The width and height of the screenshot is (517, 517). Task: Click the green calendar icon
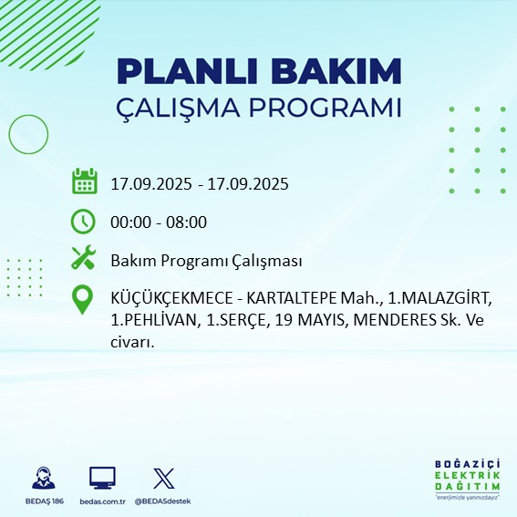pyautogui.click(x=84, y=181)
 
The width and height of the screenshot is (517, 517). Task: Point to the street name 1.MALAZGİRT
pyautogui.click(x=440, y=299)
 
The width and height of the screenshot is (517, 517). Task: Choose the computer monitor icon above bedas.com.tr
pyautogui.click(x=102, y=478)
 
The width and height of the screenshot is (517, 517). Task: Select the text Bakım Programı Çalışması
pyautogui.click(x=206, y=261)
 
